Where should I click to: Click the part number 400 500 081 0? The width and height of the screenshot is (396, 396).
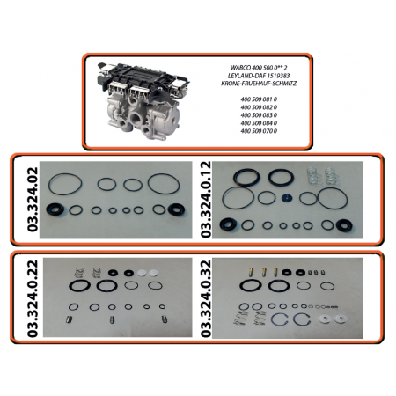point(259,99)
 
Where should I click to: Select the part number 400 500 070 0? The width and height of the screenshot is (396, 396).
point(259,131)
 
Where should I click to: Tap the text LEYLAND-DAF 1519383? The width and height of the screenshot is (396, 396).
point(259,76)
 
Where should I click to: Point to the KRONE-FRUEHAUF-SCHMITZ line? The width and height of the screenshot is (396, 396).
point(259,84)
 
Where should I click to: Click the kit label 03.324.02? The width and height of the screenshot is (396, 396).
point(33,200)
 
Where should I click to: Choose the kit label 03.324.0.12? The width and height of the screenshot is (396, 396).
point(206,199)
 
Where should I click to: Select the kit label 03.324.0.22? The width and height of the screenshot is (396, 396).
point(33,298)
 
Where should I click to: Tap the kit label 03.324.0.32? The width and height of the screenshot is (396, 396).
point(206,298)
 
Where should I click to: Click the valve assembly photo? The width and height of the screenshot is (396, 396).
point(143,101)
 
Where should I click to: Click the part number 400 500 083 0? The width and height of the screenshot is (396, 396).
point(259,115)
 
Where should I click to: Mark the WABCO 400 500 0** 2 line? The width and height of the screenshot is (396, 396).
point(259,68)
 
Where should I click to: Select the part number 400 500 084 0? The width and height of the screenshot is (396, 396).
point(259,123)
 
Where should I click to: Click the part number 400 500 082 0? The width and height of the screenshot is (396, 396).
point(259,107)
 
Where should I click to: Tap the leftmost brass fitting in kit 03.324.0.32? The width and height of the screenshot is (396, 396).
point(252,272)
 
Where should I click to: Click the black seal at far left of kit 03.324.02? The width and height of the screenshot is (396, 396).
point(55,209)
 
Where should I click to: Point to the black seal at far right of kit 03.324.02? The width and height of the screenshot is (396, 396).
point(177,209)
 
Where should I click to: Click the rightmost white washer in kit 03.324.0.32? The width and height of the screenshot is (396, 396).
point(341,319)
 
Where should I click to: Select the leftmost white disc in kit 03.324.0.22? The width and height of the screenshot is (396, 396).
point(142,273)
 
